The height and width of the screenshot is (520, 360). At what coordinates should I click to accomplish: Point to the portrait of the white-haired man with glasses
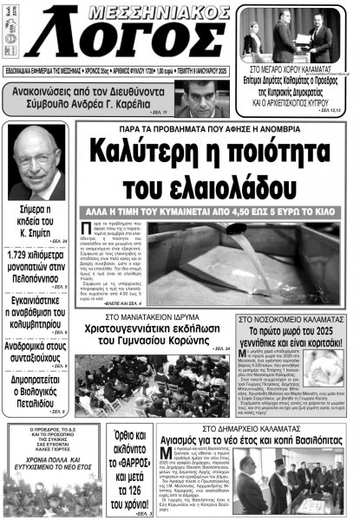36,161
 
